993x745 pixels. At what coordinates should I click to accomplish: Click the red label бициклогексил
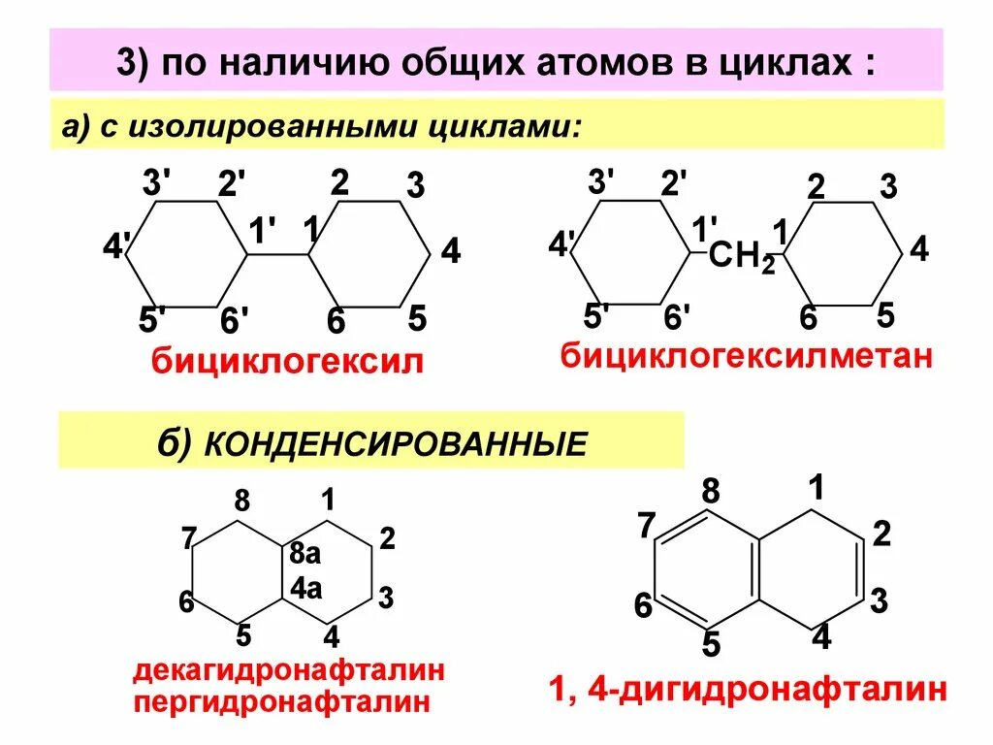[x=286, y=364]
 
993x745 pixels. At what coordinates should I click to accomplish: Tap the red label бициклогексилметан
[x=746, y=356]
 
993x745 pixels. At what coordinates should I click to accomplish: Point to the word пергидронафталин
[x=281, y=701]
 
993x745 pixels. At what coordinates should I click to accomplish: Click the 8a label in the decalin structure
[x=304, y=555]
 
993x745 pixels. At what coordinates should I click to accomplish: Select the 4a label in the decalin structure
[x=304, y=588]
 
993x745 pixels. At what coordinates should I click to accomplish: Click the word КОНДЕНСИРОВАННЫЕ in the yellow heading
[x=395, y=443]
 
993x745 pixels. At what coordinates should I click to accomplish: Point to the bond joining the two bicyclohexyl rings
[x=277, y=255]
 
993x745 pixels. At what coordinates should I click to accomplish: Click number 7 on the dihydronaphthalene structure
[x=647, y=526]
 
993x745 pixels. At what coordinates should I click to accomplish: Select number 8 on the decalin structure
[x=241, y=501]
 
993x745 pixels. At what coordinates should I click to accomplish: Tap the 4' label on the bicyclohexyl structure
[x=116, y=247]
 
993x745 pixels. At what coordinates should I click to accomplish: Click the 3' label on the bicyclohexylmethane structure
[x=601, y=181]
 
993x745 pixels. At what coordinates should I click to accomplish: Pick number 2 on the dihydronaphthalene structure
[x=881, y=534]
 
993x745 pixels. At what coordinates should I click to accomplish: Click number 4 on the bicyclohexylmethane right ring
[x=919, y=249]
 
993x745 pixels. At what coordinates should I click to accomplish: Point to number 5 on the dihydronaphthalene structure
[x=710, y=643]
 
